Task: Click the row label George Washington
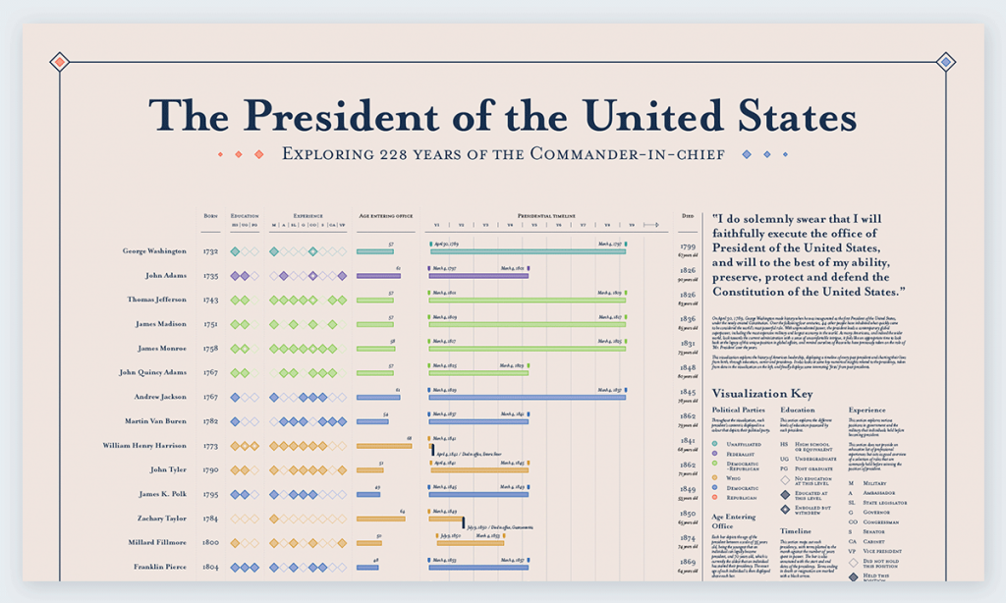pyautogui.click(x=154, y=251)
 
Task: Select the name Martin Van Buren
pyautogui.click(x=156, y=421)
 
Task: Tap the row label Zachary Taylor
pyautogui.click(x=161, y=518)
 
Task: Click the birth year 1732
pyautogui.click(x=210, y=251)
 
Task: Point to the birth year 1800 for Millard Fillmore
pyautogui.click(x=210, y=542)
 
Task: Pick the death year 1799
pyautogui.click(x=688, y=247)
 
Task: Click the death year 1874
pyautogui.click(x=688, y=537)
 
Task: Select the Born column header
pyautogui.click(x=210, y=215)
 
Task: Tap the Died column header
pyautogui.click(x=687, y=215)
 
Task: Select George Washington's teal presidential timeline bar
pyautogui.click(x=527, y=252)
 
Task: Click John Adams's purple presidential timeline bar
pyautogui.click(x=478, y=276)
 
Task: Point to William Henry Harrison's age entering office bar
pyautogui.click(x=383, y=446)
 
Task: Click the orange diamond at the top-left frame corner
pyautogui.click(x=59, y=62)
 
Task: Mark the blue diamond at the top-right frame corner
pyautogui.click(x=946, y=62)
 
